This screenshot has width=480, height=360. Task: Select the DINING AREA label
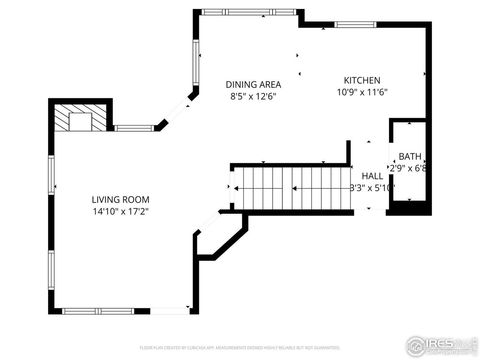coord(252,85)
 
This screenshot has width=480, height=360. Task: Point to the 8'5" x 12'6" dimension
coord(252,97)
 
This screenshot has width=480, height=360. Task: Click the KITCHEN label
coord(362,81)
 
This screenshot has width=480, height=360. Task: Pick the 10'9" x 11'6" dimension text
coord(362,93)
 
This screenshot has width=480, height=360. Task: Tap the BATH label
coord(410,156)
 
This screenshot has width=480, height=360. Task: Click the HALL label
coord(372,175)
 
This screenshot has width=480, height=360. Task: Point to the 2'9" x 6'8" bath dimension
coord(410,168)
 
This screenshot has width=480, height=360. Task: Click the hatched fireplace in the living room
coord(75,120)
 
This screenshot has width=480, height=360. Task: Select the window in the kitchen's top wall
coord(355,24)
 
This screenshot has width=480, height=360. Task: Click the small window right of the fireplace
coord(133,127)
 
